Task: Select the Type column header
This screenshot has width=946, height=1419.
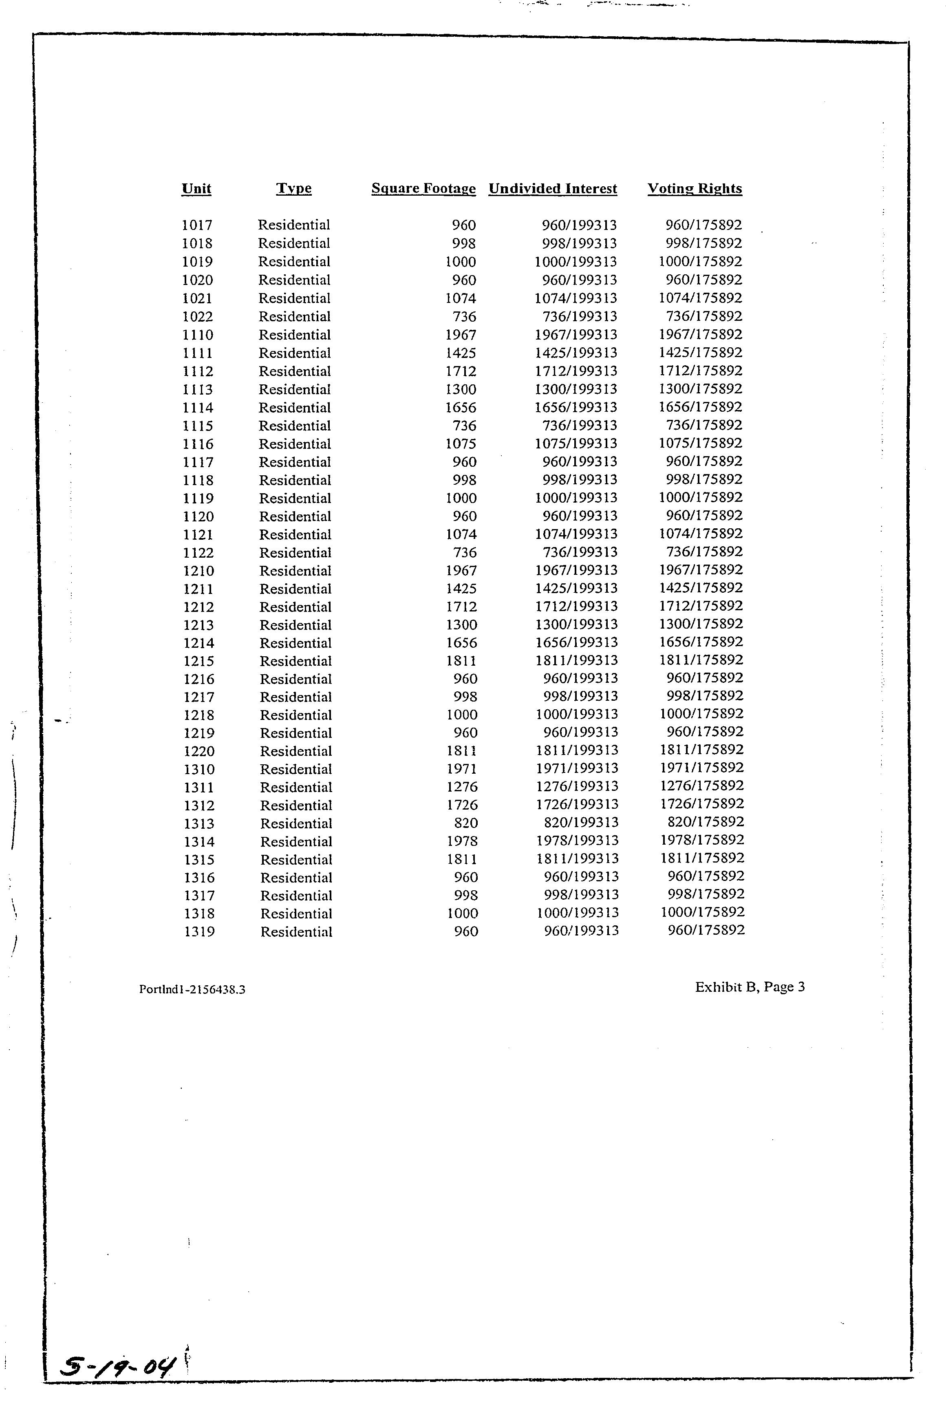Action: [x=294, y=189]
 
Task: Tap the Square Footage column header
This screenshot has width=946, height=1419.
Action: [x=423, y=189]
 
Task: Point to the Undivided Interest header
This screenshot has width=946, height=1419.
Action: [x=553, y=189]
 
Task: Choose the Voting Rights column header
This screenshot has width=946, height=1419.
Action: [x=695, y=189]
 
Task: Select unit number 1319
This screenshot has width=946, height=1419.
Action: [x=199, y=931]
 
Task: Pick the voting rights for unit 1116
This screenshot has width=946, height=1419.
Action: [x=701, y=444]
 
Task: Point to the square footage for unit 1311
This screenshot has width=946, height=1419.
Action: [x=462, y=787]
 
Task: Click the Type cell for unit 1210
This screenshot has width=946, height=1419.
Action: [x=295, y=571]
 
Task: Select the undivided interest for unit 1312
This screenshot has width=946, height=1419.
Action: [x=578, y=805]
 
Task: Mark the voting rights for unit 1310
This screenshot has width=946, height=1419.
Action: [x=702, y=768]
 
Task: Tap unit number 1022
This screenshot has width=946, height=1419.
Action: [x=197, y=317]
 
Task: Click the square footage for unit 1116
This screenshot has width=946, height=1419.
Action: [x=461, y=444]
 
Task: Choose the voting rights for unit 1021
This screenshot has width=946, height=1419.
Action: [x=700, y=298]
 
